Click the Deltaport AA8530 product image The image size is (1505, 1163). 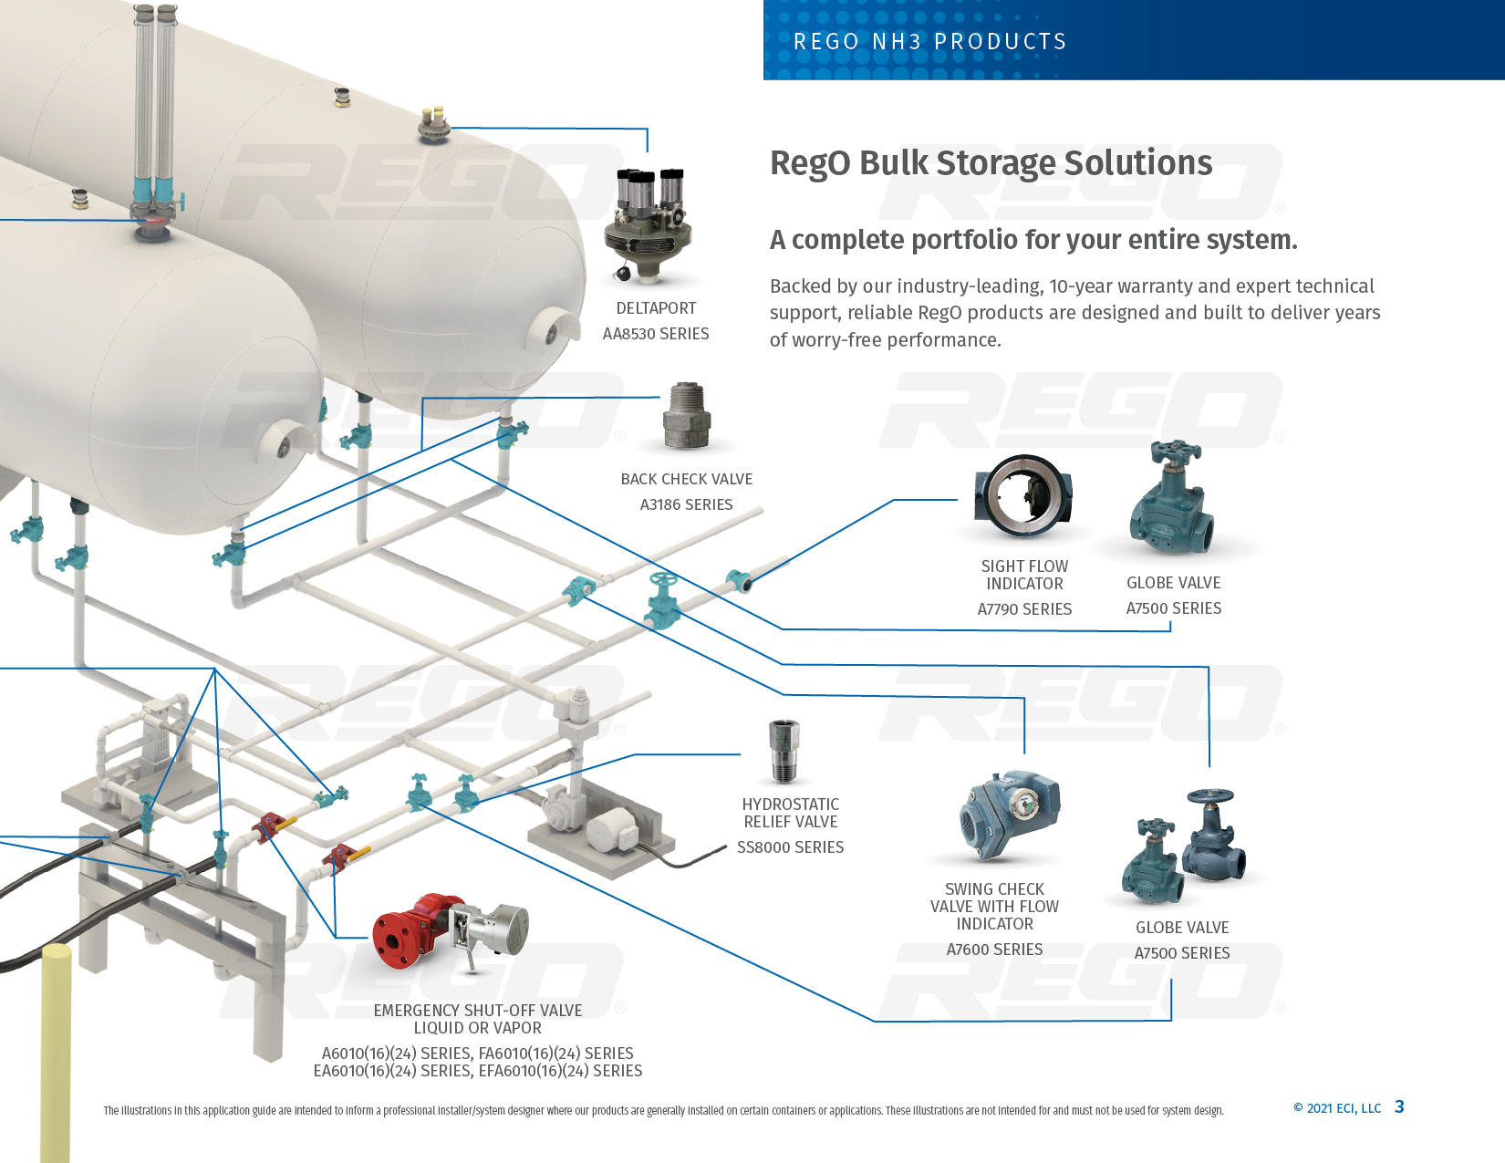pyautogui.click(x=649, y=225)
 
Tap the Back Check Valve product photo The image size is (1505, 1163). pyautogui.click(x=687, y=417)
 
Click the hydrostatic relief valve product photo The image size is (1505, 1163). pyautogui.click(x=784, y=751)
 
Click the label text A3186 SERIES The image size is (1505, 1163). pyautogui.click(x=686, y=504)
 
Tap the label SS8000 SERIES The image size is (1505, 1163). pyautogui.click(x=790, y=847)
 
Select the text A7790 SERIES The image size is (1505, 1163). pyautogui.click(x=1024, y=609)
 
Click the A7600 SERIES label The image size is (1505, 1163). pyautogui.click(x=994, y=950)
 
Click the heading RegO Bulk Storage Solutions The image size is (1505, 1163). pyautogui.click(x=991, y=163)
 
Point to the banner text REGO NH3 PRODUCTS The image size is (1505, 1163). pyautogui.click(x=929, y=42)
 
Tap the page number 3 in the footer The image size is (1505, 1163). pyautogui.click(x=1399, y=1107)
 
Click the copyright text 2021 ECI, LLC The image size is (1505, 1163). pyautogui.click(x=1343, y=1108)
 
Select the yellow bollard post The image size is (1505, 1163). pyautogui.click(x=56, y=1049)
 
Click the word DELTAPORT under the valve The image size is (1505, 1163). pyautogui.click(x=656, y=308)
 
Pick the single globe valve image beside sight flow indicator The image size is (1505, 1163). pyautogui.click(x=1174, y=499)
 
